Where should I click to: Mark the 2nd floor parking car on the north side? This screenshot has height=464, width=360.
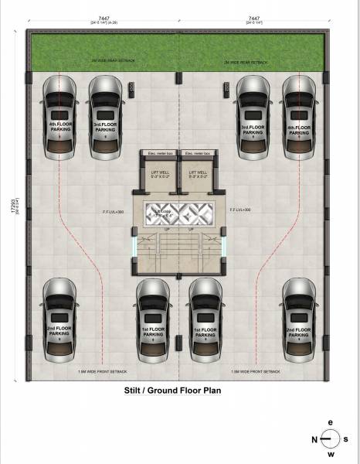tap(59, 320)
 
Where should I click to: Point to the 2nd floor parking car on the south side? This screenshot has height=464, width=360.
tap(297, 320)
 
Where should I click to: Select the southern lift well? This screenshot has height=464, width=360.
tap(196, 176)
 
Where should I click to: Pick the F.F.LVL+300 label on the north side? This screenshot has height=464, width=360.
tap(114, 210)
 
